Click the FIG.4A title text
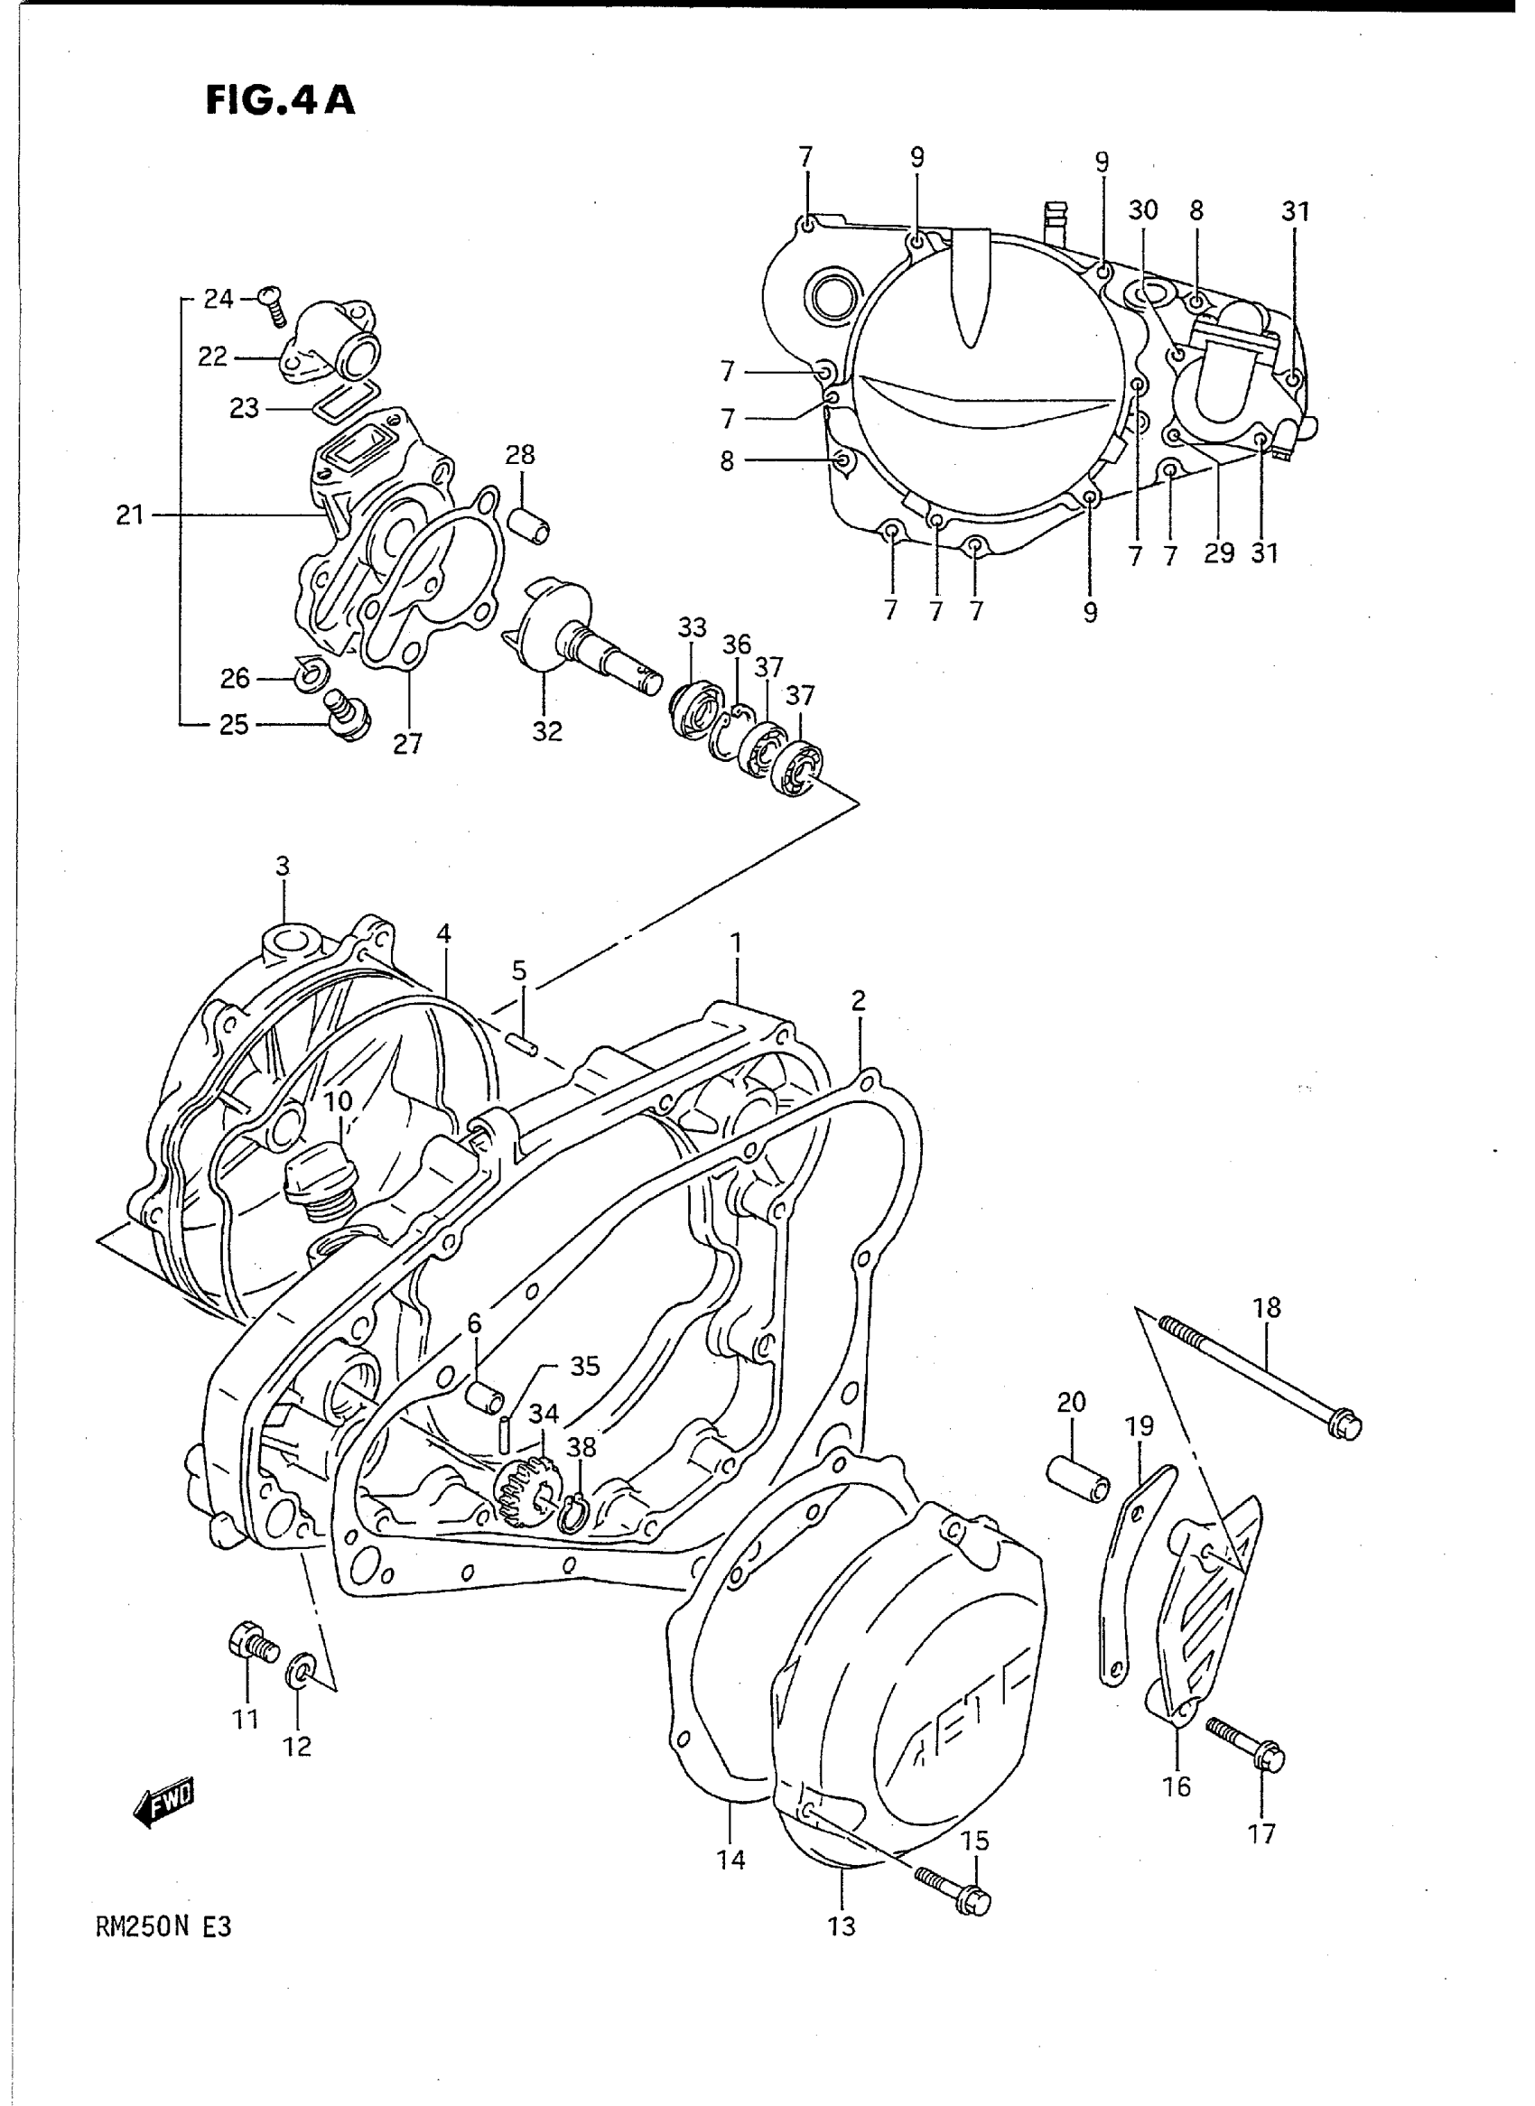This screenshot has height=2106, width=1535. click(280, 99)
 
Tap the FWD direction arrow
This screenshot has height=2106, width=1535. click(166, 1804)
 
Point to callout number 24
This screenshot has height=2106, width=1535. click(219, 299)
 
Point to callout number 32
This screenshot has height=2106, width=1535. click(547, 732)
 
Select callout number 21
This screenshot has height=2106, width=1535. click(129, 514)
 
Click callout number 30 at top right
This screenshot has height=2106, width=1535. click(1143, 211)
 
